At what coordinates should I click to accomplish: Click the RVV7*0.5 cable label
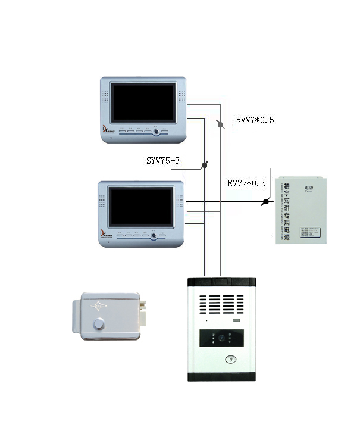pos(255,120)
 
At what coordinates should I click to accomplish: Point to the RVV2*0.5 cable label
pos(246,183)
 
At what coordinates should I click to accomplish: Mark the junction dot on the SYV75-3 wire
pos(205,165)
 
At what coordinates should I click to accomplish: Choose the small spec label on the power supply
pos(308,230)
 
